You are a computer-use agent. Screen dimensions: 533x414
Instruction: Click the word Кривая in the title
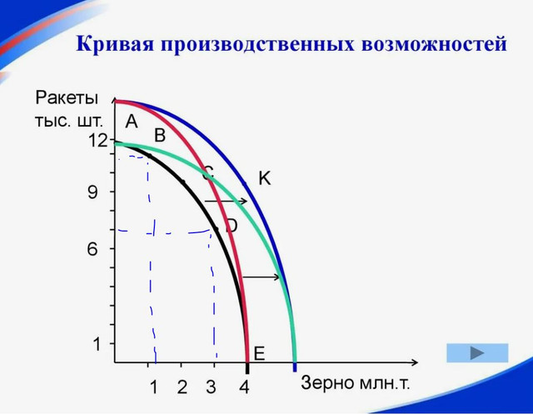tap(115, 43)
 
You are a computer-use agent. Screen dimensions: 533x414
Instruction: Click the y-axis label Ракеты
tap(67, 98)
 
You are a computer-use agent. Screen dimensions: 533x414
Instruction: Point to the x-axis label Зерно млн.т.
tap(356, 382)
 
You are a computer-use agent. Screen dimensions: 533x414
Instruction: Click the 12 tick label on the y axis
tap(97, 140)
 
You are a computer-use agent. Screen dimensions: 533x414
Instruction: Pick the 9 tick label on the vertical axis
tap(92, 192)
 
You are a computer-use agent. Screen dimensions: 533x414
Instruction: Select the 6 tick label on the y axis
tap(92, 249)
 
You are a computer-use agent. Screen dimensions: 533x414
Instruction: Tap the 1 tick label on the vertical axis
tap(97, 344)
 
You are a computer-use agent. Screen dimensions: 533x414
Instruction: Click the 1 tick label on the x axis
tap(153, 387)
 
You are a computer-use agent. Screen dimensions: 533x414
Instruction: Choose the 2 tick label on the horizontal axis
tap(182, 387)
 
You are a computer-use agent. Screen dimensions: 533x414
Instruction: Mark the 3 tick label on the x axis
tap(211, 387)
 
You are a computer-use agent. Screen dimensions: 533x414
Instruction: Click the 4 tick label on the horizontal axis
tap(244, 387)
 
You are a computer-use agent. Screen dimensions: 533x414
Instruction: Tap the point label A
tap(132, 121)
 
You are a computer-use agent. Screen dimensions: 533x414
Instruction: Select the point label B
tap(160, 135)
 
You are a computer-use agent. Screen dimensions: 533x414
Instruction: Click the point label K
tap(265, 177)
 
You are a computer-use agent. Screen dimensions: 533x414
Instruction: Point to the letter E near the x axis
tap(259, 353)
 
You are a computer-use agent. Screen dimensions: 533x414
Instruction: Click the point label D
tap(232, 226)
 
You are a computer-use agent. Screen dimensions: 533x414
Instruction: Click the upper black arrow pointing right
tap(226, 202)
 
